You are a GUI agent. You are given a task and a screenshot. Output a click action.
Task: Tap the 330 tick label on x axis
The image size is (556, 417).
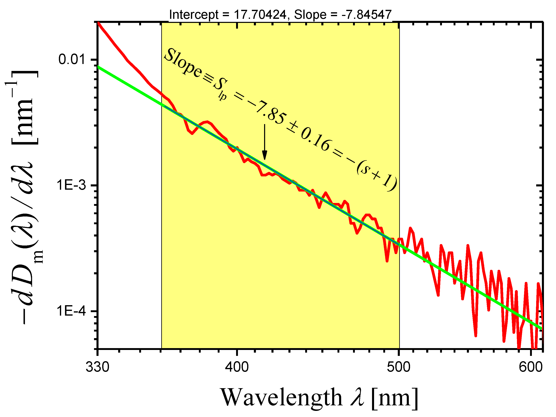pos(98,367)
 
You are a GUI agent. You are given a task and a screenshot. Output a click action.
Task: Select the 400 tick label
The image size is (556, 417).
pos(237,367)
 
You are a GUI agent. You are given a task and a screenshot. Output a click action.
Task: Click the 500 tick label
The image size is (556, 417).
pos(399,367)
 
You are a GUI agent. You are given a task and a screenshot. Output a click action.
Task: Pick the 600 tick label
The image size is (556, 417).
pos(531,367)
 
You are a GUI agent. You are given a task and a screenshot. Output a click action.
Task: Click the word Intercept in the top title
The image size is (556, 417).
pos(194,15)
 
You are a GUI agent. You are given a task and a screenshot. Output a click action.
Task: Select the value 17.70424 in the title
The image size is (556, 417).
pos(260,15)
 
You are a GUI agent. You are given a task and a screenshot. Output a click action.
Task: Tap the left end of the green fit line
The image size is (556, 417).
pos(98,67)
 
